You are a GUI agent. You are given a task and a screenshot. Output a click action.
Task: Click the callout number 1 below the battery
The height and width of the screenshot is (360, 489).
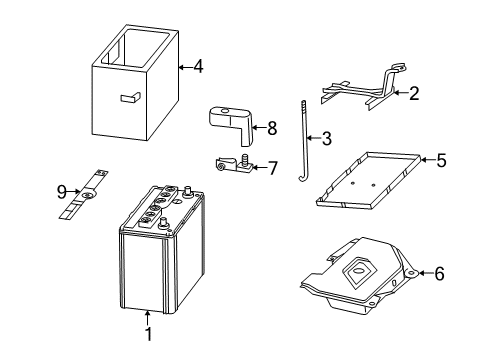(148, 335)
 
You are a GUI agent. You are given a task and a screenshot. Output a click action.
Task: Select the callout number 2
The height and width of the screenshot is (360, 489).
(413, 93)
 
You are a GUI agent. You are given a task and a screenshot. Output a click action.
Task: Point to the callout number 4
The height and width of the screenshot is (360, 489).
(198, 68)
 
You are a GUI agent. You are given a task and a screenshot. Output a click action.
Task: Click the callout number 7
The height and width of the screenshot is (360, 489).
(272, 167)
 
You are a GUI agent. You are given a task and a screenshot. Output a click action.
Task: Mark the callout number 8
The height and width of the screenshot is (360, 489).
(270, 128)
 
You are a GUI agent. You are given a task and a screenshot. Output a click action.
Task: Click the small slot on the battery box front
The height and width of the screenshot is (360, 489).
(127, 97)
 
